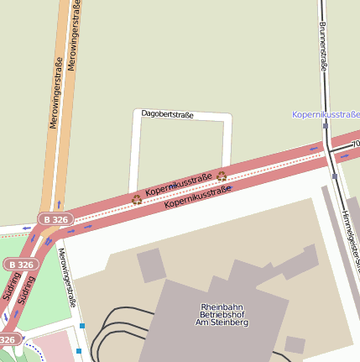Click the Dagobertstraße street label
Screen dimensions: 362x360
click(x=167, y=113)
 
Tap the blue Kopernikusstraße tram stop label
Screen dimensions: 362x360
click(x=325, y=113)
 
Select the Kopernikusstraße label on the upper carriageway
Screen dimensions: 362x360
click(x=179, y=185)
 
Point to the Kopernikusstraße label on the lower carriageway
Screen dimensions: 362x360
click(x=198, y=197)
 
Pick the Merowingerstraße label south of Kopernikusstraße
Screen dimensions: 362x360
click(x=72, y=277)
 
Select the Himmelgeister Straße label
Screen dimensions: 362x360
click(x=349, y=240)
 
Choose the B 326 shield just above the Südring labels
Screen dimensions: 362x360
click(x=22, y=264)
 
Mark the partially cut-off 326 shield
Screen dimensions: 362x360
click(x=8, y=339)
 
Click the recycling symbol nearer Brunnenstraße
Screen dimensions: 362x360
click(x=222, y=176)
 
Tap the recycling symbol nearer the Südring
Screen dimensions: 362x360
click(x=137, y=199)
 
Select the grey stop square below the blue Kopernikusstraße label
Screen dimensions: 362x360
click(x=325, y=126)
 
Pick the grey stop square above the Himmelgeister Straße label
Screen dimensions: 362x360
click(x=334, y=176)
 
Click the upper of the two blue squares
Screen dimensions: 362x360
click(x=82, y=325)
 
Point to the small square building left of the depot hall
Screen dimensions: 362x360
click(x=151, y=265)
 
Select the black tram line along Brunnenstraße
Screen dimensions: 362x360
click(x=322, y=76)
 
